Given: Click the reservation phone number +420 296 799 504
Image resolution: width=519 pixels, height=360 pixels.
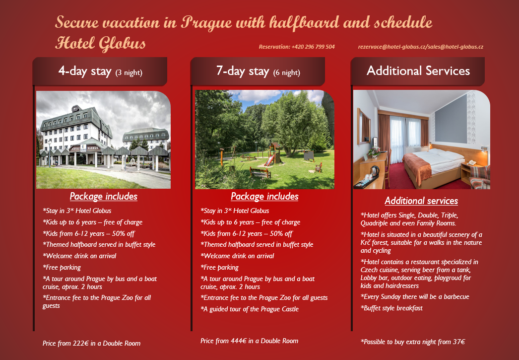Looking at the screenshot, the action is [313, 47].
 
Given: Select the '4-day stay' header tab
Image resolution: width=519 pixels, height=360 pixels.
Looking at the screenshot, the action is [100, 71].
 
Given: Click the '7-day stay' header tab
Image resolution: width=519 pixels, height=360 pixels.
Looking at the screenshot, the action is [258, 71].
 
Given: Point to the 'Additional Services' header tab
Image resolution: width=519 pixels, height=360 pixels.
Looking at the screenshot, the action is [418, 71].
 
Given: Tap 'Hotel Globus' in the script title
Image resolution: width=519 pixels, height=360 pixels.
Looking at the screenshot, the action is [100, 43].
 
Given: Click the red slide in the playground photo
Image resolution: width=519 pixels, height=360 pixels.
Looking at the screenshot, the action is [269, 160].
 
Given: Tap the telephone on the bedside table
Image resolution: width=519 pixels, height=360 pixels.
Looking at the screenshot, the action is [471, 162].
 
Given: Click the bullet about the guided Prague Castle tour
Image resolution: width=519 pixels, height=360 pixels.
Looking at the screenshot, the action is [250, 309].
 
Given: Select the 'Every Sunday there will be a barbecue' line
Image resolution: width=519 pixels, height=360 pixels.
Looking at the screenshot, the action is [415, 297].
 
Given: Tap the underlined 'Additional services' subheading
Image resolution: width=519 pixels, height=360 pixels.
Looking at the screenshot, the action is [421, 201].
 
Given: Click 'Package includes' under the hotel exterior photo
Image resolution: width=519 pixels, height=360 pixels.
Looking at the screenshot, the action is [104, 197].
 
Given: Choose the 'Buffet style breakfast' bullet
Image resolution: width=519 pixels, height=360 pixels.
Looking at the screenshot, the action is [391, 308].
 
